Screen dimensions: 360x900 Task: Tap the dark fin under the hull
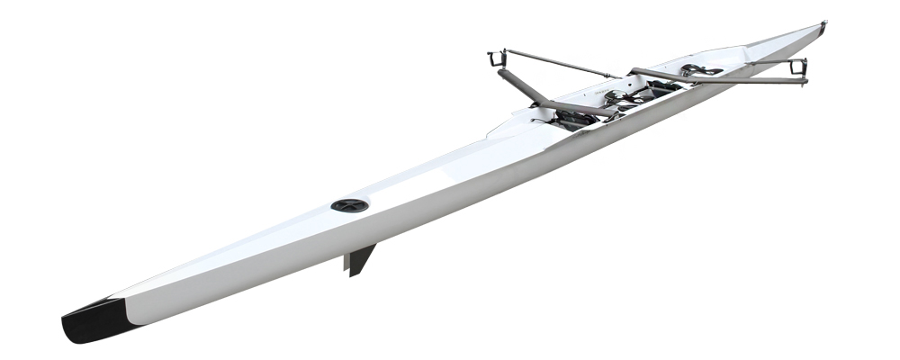357,260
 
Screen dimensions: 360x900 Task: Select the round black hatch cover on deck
349,205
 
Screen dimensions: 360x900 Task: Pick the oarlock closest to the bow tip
798,67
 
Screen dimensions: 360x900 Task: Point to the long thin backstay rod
558,64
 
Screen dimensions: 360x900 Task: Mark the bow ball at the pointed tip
823,24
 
